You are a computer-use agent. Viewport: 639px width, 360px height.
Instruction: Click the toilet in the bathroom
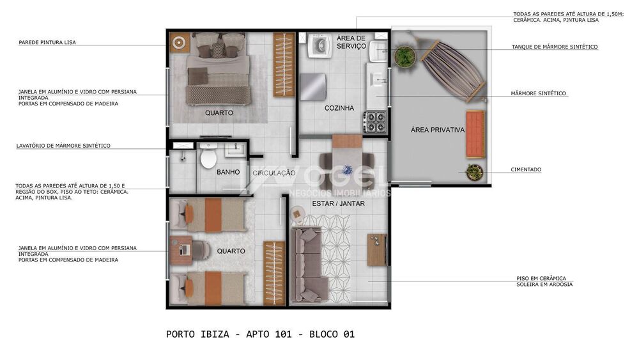(208, 157)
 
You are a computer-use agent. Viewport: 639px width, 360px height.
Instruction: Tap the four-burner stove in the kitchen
(374, 121)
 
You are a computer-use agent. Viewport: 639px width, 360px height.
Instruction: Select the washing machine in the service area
(319, 45)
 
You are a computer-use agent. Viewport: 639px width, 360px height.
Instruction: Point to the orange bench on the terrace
(475, 134)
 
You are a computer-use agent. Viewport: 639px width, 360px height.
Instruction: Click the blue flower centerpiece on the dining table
(347, 169)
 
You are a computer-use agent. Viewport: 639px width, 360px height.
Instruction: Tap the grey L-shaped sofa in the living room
(309, 265)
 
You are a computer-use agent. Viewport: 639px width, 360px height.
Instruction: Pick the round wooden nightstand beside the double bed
(180, 42)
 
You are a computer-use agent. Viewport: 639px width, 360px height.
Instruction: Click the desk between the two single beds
(181, 250)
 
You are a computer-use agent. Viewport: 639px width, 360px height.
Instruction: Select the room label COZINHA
(339, 108)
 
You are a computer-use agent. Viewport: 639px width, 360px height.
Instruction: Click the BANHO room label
(228, 172)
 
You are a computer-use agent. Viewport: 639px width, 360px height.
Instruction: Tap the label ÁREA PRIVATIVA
(437, 130)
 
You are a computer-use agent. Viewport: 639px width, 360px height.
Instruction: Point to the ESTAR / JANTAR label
(338, 203)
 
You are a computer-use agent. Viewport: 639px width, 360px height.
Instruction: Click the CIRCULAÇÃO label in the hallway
(274, 173)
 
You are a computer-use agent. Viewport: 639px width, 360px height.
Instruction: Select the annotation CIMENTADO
(526, 169)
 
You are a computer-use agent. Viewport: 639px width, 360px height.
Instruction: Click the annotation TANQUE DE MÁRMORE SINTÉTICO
(555, 47)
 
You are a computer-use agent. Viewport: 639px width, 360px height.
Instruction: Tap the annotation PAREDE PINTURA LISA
(47, 42)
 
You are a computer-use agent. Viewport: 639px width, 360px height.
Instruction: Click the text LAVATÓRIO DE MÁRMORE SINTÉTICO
(63, 146)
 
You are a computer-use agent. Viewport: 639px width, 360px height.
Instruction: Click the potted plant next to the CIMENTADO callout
(474, 172)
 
